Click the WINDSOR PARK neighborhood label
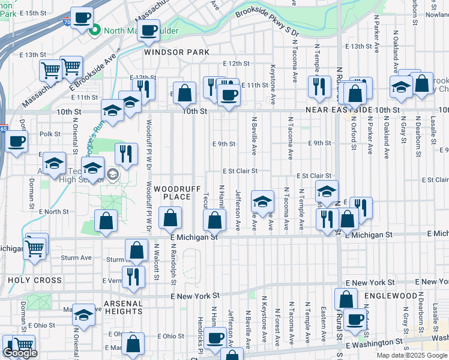point(176,52)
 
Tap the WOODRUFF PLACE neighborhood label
point(172,193)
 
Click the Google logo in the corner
point(20,353)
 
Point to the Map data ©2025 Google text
point(412,355)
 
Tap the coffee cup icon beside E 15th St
point(82,17)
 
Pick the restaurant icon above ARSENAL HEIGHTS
point(133,275)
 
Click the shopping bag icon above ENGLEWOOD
point(346,298)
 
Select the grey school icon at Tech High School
point(112,175)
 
